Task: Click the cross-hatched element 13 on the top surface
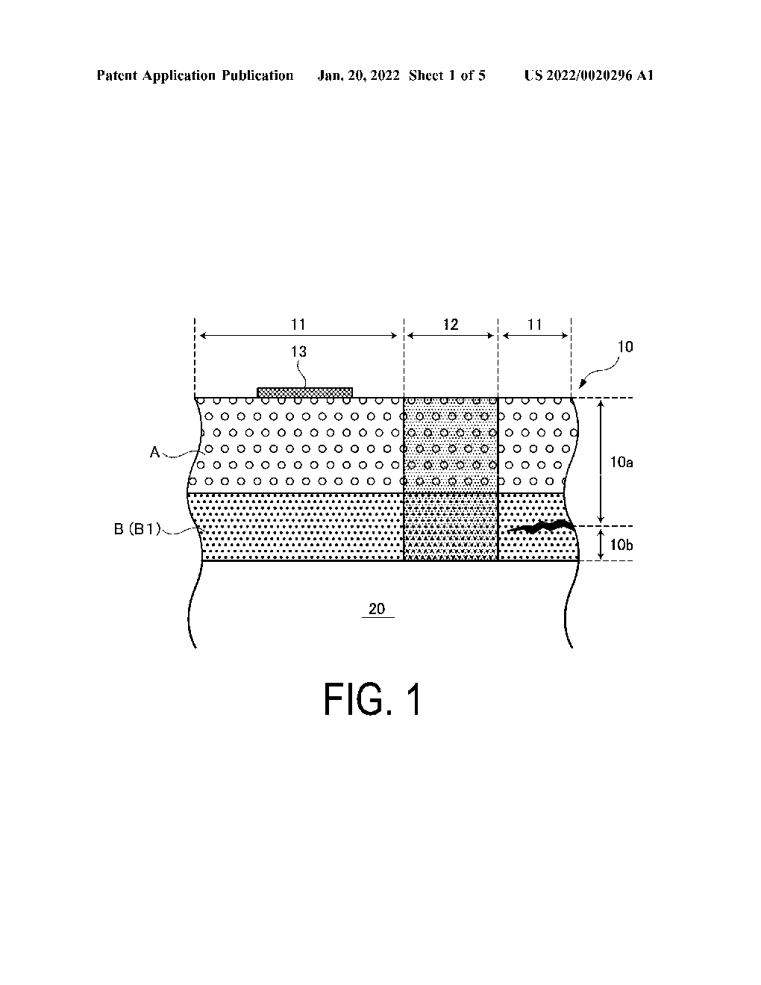point(304,393)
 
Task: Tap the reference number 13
point(298,351)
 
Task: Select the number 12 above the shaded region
point(450,325)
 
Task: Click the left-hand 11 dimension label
point(298,325)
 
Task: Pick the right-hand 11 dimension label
point(535,325)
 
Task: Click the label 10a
point(621,463)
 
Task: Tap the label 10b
point(621,545)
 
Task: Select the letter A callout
point(155,451)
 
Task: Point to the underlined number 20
point(377,609)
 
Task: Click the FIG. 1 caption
point(372,701)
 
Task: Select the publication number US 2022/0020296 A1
point(589,75)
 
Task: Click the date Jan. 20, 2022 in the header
point(360,75)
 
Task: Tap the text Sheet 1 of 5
point(447,75)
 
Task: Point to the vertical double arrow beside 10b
point(601,543)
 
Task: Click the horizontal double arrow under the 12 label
point(450,337)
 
